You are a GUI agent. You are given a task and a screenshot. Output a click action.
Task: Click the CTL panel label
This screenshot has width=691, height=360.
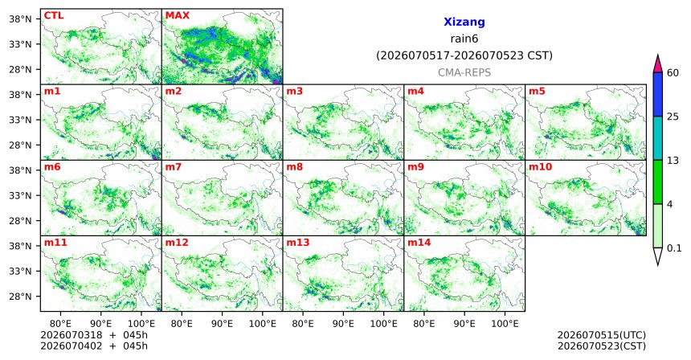pos(54,16)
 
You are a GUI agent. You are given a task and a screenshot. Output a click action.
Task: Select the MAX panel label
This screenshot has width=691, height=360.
pos(177,16)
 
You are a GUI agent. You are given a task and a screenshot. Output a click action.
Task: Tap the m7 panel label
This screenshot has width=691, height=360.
pos(173,167)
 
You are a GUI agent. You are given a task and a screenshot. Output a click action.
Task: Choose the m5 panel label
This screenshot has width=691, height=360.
pos(537,92)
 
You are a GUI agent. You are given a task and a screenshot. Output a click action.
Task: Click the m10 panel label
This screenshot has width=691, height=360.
pos(540,167)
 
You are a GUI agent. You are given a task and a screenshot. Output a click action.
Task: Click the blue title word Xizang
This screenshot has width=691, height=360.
pos(464,22)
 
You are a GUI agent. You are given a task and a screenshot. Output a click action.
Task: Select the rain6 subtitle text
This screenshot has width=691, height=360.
pos(464,39)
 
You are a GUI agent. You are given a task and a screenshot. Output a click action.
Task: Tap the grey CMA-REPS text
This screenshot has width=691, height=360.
pos(464,72)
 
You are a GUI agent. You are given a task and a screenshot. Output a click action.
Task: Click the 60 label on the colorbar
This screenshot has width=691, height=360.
pos(673,73)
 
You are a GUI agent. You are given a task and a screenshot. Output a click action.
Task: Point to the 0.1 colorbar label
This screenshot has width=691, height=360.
pos(674,248)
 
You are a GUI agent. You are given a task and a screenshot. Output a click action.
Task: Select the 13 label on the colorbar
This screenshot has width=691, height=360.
pos(673,161)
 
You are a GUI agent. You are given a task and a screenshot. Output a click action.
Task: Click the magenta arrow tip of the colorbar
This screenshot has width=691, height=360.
pos(658,55)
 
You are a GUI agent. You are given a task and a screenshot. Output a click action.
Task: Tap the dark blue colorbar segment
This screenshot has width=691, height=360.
pos(658,94)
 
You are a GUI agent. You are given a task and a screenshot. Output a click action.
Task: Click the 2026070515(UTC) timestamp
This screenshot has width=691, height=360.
pos(602,336)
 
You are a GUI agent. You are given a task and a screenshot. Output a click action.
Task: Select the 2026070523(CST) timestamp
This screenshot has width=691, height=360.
pos(602,346)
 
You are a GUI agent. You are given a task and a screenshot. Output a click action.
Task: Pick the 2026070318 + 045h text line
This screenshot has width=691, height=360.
pos(94,335)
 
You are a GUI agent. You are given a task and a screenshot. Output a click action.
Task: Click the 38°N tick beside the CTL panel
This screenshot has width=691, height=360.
pos(21,19)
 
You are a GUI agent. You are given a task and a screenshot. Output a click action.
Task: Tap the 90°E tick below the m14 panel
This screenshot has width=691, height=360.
pos(464,324)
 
